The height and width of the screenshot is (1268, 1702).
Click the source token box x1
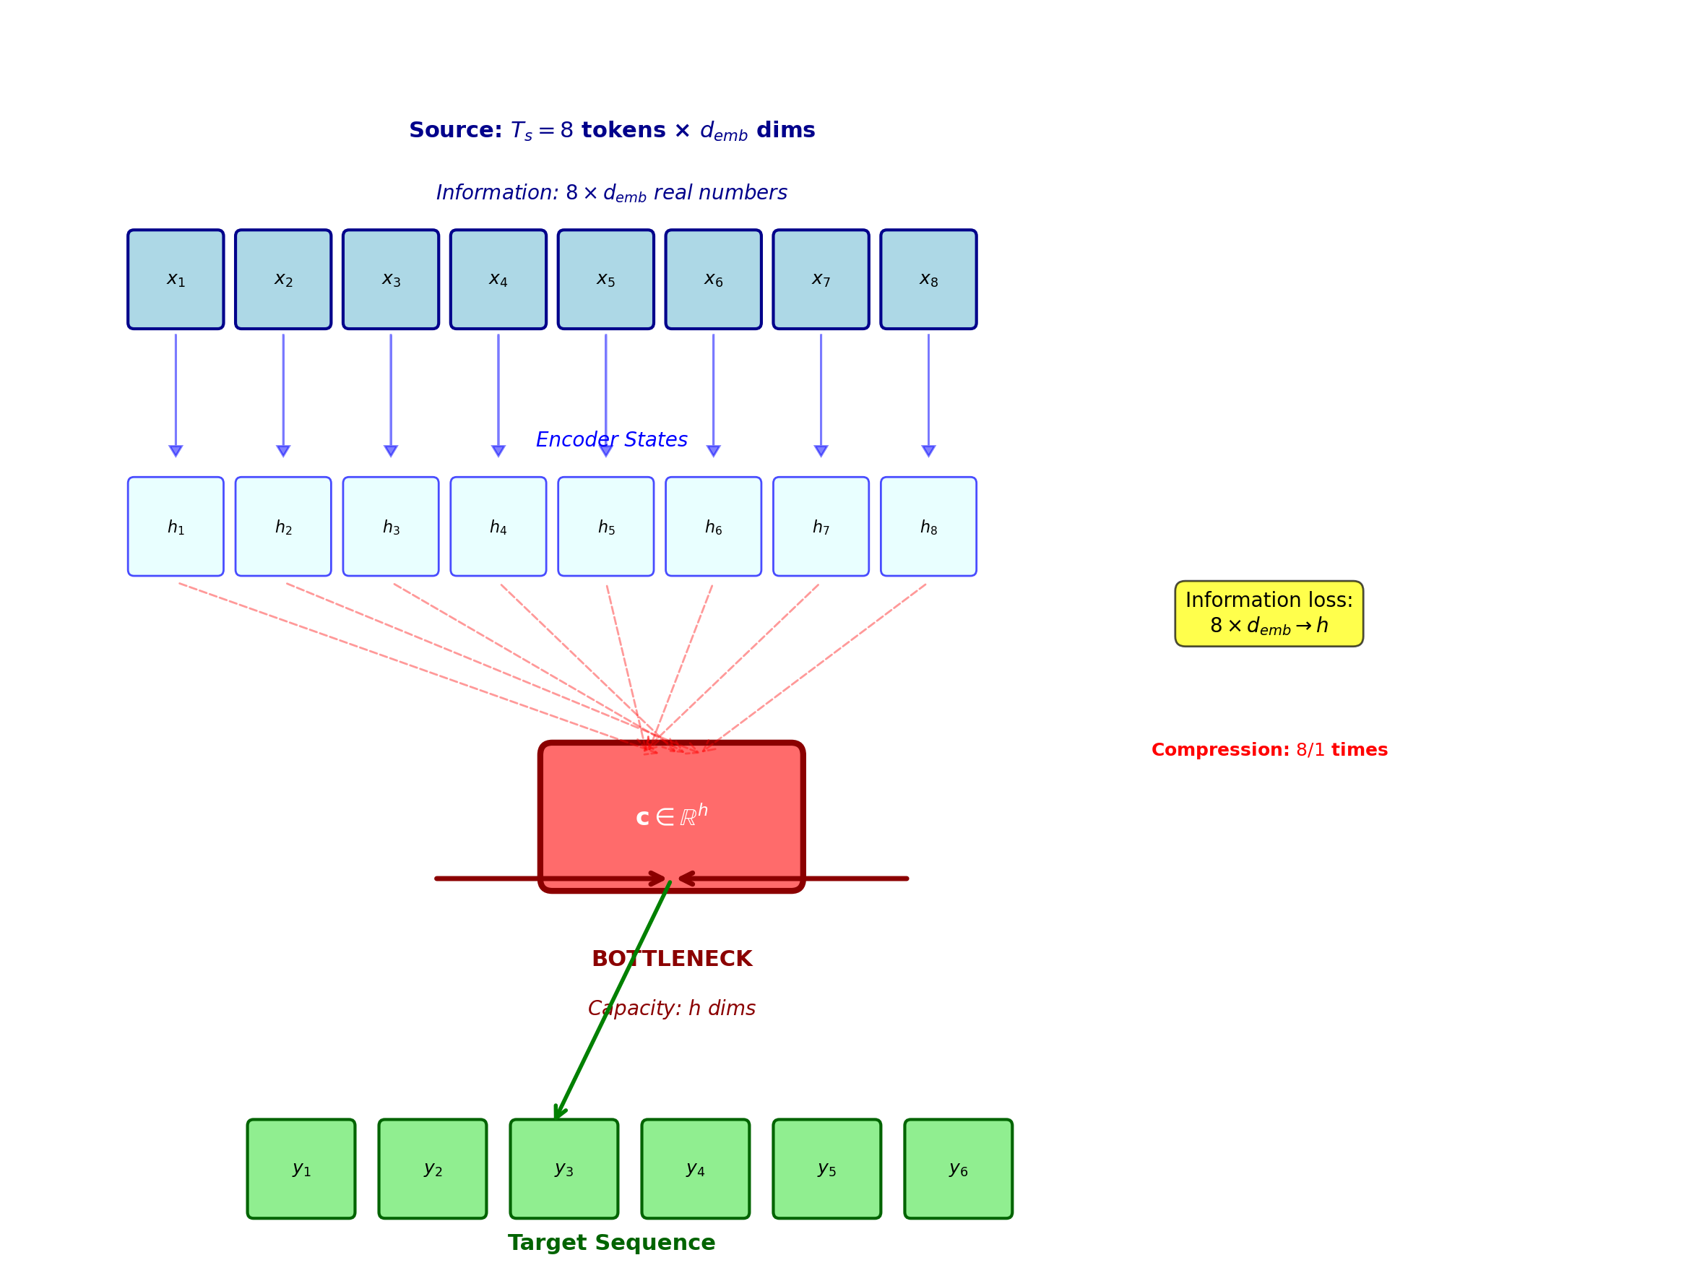[x=176, y=280]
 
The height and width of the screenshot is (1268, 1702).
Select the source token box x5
[x=605, y=280]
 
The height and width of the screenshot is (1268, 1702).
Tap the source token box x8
[x=928, y=280]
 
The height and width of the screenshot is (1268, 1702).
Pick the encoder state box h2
[x=283, y=527]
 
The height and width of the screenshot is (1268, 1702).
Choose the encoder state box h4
[x=498, y=527]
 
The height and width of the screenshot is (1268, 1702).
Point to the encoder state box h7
[x=821, y=527]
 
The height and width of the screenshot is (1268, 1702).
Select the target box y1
[x=301, y=1168]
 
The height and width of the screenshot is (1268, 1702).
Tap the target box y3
[x=563, y=1168]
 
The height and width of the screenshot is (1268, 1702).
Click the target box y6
[x=958, y=1168]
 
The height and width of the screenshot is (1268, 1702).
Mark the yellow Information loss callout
[x=1269, y=613]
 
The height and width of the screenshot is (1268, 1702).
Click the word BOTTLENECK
[x=671, y=959]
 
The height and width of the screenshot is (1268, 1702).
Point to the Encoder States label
[x=611, y=440]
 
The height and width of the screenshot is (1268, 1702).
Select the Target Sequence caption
[x=611, y=1243]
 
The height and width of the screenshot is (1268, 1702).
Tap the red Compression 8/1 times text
[x=1269, y=750]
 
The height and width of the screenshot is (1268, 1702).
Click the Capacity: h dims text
[x=671, y=1008]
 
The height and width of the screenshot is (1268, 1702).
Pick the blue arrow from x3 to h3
[x=391, y=392]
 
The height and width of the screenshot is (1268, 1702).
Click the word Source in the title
[x=454, y=131]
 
